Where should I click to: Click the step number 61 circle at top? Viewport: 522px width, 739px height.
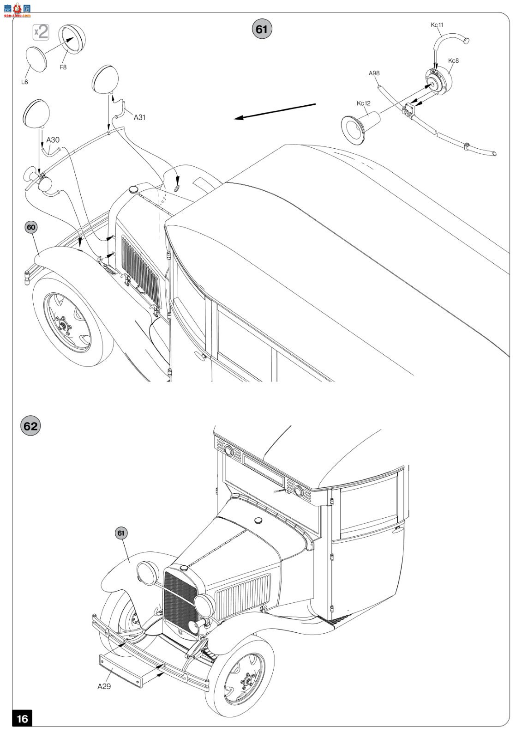click(x=262, y=29)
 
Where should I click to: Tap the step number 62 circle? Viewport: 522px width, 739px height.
click(x=30, y=425)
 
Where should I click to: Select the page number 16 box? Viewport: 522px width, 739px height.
click(x=22, y=718)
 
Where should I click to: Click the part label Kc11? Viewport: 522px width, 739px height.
click(x=437, y=25)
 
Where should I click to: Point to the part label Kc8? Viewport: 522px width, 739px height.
click(x=453, y=61)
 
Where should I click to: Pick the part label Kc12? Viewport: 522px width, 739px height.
click(x=363, y=103)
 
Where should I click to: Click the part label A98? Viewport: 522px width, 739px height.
click(x=374, y=73)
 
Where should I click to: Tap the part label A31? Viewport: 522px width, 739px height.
click(x=139, y=117)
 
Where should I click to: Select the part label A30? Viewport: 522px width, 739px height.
click(x=53, y=140)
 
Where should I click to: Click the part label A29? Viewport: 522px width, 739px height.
click(x=104, y=686)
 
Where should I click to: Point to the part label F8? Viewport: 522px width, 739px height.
click(x=63, y=67)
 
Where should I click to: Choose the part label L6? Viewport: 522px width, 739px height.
click(x=24, y=82)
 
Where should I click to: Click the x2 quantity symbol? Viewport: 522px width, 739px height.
click(x=41, y=32)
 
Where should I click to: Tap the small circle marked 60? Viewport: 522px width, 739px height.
click(x=31, y=227)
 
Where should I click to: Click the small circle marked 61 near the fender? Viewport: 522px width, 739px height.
click(x=121, y=533)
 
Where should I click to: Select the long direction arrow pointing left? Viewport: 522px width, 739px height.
click(x=275, y=111)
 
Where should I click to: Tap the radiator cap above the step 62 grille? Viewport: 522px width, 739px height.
click(x=184, y=568)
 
